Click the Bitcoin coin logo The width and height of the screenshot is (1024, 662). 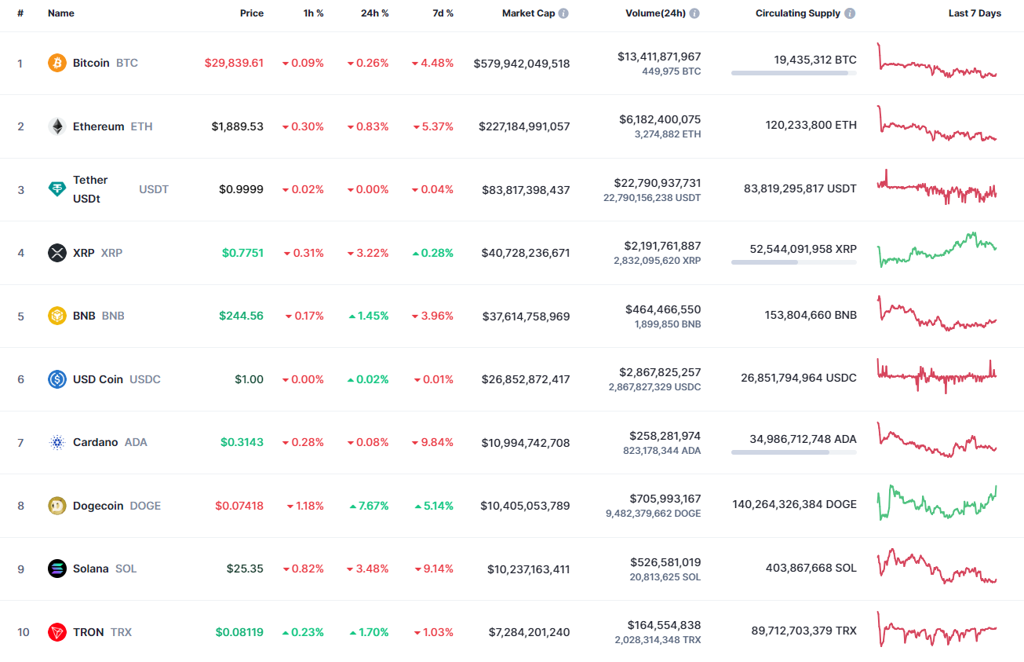click(57, 63)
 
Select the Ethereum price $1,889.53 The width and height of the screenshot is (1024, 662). click(237, 126)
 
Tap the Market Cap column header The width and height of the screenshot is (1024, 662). click(528, 13)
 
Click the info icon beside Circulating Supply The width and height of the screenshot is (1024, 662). click(851, 13)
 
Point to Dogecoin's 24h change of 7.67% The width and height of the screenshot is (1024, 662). click(368, 506)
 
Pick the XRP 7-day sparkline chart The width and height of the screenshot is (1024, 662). click(937, 249)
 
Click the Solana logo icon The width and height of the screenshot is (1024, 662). click(57, 569)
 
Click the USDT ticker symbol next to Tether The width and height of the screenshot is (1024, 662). click(154, 189)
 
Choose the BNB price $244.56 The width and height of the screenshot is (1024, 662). click(241, 316)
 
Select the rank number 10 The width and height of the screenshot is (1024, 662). click(23, 632)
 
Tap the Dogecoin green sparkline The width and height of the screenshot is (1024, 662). click(937, 503)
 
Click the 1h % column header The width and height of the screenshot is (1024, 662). click(313, 13)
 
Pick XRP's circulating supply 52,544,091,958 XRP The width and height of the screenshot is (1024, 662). click(803, 248)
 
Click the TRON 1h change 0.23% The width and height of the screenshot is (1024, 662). click(303, 632)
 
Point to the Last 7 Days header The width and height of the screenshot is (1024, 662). click(975, 13)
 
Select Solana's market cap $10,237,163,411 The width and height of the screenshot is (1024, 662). click(528, 569)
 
